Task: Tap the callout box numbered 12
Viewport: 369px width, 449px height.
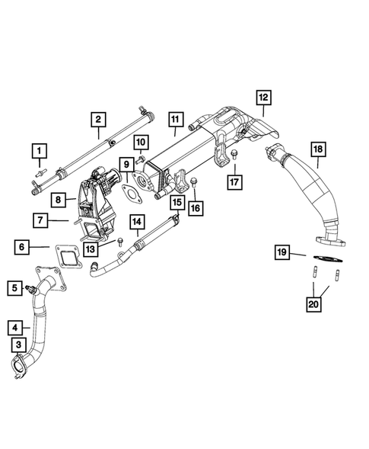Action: [263, 97]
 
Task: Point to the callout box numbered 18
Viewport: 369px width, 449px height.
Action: [317, 149]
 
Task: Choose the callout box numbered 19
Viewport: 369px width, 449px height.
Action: [282, 252]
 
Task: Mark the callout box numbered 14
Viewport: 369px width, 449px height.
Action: [137, 222]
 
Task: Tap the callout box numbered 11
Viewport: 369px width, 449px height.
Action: [175, 119]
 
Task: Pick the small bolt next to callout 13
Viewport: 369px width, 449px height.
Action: [120, 242]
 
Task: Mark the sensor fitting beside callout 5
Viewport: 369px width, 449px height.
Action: [30, 289]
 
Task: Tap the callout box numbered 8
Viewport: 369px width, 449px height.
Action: [59, 200]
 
